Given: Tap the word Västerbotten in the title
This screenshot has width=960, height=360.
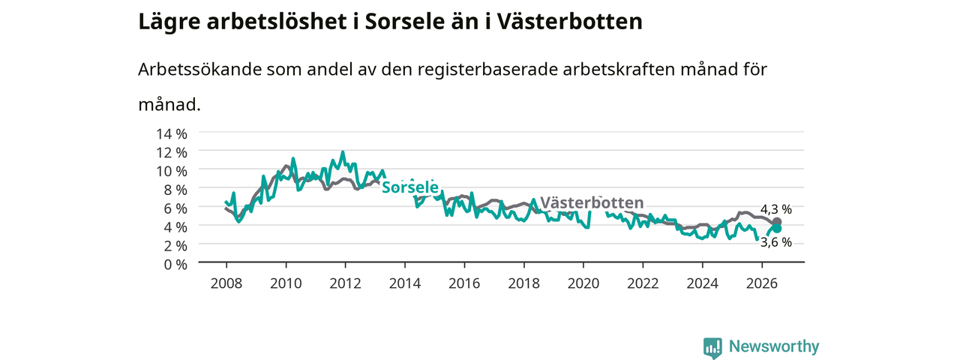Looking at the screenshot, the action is click(569, 22).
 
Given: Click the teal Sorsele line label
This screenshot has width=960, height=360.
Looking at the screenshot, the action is click(410, 187).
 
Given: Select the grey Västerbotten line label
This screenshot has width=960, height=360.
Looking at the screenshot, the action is click(592, 202).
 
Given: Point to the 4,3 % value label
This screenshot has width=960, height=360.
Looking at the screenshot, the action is click(776, 209).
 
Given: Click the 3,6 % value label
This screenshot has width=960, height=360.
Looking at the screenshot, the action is click(776, 242).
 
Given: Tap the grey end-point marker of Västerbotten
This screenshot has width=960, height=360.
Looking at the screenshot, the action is click(776, 222).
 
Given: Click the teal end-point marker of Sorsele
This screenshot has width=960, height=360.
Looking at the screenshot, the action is click(776, 229).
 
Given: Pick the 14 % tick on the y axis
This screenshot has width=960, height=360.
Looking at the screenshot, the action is click(172, 134).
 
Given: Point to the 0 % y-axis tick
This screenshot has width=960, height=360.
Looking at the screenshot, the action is click(175, 265).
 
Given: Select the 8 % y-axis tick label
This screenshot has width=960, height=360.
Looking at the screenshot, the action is click(175, 190).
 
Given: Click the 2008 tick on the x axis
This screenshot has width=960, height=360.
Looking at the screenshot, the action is click(226, 283).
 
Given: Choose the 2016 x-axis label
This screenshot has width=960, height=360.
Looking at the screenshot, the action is click(464, 283).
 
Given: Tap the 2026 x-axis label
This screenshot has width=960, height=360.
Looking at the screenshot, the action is click(762, 283).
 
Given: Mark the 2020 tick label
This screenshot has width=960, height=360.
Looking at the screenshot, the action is click(583, 283).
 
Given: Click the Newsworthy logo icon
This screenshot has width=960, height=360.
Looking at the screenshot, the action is click(712, 347).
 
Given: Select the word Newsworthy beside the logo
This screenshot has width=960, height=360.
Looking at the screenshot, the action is click(774, 346).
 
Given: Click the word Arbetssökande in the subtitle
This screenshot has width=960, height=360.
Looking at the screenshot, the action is click(199, 70).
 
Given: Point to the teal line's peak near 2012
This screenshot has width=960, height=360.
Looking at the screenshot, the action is click(343, 151).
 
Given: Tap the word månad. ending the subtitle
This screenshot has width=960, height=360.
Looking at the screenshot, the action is click(169, 104).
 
